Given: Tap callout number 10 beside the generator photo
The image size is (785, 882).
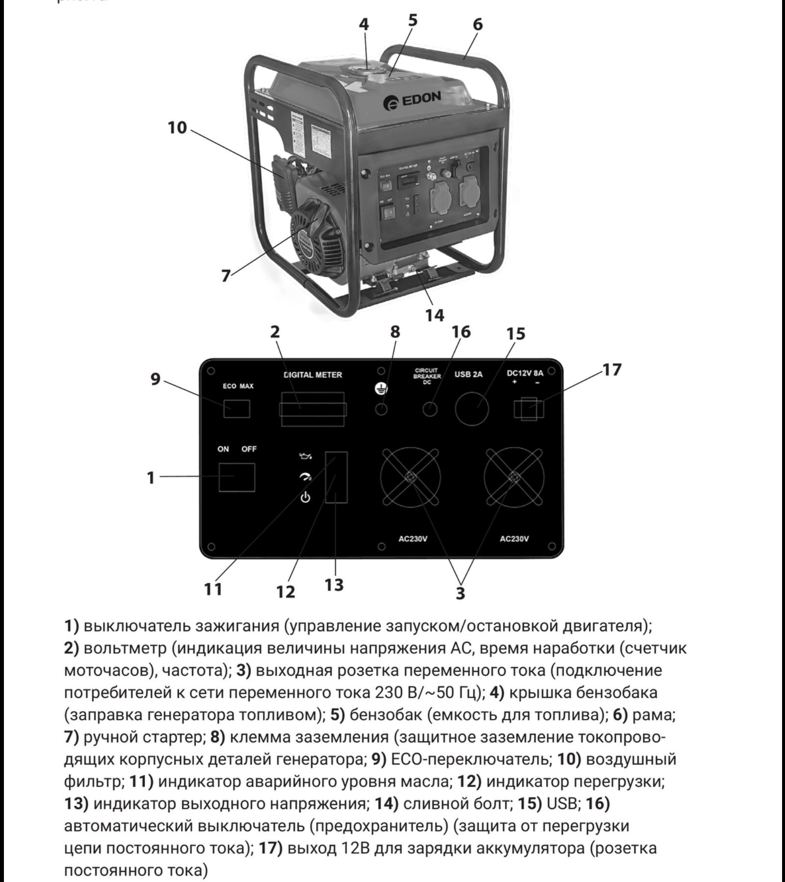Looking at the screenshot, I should point(177,127).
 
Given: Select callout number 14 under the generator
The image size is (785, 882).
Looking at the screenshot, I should point(435,315).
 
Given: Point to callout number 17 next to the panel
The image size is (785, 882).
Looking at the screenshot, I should point(612,369).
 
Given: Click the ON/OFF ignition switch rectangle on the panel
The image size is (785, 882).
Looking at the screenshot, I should point(237,477).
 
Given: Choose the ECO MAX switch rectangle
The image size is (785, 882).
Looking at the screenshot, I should point(237,409).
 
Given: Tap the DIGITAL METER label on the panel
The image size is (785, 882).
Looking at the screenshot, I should point(313,375).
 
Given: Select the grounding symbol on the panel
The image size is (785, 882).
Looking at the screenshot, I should point(381,389).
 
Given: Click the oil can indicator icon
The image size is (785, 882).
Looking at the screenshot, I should point(305,457).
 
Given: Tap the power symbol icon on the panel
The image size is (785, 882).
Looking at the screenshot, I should point(305,498).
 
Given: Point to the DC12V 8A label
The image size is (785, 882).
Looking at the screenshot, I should point(525,373).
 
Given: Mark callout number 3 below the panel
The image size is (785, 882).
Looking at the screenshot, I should point(460,593).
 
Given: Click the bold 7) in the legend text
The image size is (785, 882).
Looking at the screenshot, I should point(72,737).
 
